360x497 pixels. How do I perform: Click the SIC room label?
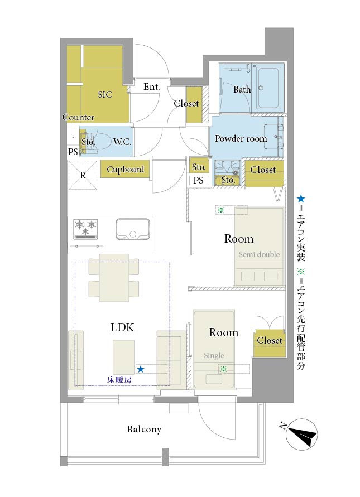(x=105, y=94)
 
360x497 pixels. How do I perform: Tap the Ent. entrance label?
(x=152, y=86)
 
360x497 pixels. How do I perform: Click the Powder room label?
(x=241, y=138)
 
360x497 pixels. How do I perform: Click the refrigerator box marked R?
(x=83, y=175)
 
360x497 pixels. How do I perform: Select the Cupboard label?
(x=125, y=169)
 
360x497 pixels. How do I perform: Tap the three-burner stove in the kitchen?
(x=85, y=229)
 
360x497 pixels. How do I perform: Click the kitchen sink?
(x=133, y=229)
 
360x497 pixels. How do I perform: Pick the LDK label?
(x=122, y=327)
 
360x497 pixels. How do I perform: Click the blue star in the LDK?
(x=141, y=369)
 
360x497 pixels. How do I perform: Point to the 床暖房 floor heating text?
(x=119, y=379)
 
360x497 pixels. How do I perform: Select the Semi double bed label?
(x=259, y=254)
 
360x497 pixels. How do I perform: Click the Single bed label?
(x=214, y=355)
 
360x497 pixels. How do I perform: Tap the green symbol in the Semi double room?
(x=221, y=210)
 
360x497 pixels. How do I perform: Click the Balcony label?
(x=145, y=429)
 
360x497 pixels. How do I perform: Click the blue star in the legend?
(x=301, y=199)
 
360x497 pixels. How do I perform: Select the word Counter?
(x=78, y=117)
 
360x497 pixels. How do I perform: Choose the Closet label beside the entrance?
(x=186, y=103)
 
